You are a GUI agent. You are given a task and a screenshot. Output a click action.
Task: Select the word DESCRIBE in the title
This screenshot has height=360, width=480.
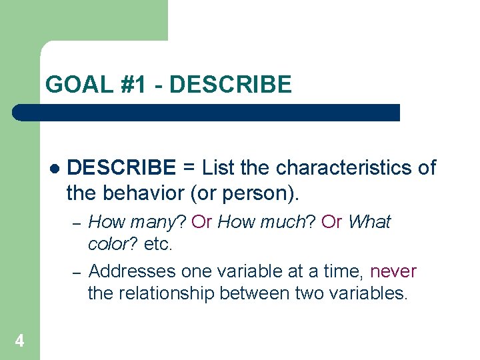[231, 85]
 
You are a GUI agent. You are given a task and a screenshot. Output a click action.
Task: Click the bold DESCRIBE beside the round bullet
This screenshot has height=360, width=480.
[122, 167]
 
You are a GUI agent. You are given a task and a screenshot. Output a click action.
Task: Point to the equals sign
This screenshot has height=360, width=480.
[189, 167]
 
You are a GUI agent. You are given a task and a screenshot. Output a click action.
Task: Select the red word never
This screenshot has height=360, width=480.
[393, 271]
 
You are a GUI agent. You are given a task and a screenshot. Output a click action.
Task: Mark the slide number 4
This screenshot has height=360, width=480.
[19, 341]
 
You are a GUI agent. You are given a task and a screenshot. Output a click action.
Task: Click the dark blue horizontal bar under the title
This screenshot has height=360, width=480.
[207, 112]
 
